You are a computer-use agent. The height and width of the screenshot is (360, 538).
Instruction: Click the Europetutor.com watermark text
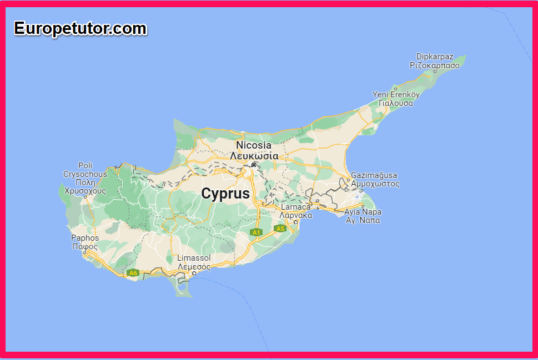pos(81,28)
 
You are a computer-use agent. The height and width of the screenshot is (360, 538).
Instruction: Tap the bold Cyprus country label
pos(225,194)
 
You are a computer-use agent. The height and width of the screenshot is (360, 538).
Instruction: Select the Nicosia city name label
pos(254,145)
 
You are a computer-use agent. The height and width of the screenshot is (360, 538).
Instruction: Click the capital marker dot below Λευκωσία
pos(254,165)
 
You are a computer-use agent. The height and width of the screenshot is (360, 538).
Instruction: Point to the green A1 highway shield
pos(255,232)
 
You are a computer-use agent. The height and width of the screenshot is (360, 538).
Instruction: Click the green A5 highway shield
pos(280,228)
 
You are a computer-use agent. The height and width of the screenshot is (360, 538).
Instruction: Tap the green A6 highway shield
pos(133,272)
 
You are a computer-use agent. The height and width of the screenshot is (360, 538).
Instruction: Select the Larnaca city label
pos(296,207)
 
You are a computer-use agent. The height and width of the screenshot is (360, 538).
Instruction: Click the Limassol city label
pos(194,258)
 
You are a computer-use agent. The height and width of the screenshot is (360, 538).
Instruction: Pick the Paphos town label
pos(85,238)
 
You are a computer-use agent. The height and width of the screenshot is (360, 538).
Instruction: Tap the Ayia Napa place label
pos(363,212)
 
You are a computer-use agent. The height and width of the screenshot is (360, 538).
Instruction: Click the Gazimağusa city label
pos(374,175)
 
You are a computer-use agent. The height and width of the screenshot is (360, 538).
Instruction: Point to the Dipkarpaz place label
pos(435,57)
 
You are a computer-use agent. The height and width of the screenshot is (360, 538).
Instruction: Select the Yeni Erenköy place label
pos(396,94)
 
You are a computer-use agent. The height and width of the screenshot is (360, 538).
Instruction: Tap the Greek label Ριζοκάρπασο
pos(435,65)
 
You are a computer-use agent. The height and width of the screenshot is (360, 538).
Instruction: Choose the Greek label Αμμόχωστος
pos(375,184)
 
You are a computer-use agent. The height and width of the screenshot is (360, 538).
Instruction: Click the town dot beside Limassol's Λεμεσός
pos(194,273)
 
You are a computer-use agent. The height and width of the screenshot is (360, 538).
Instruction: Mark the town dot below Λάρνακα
pos(295,222)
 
